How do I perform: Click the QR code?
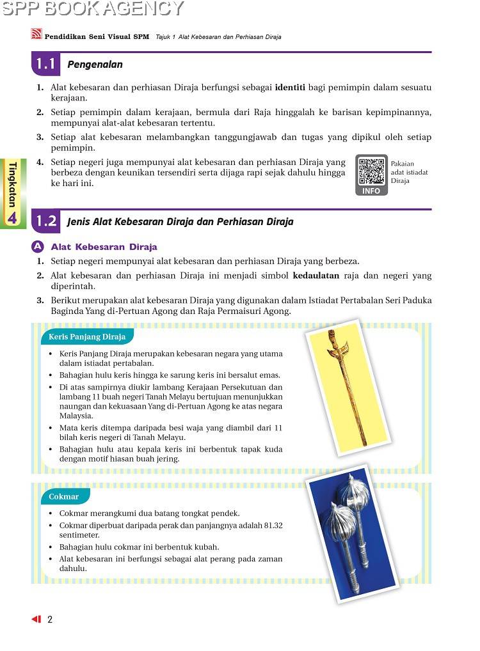pyautogui.click(x=371, y=171)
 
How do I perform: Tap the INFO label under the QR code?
pyautogui.click(x=371, y=191)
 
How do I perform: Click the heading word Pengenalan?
pyautogui.click(x=95, y=65)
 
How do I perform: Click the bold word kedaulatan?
pyautogui.click(x=317, y=276)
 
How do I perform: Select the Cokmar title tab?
pyautogui.click(x=64, y=496)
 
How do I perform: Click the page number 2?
pyautogui.click(x=49, y=619)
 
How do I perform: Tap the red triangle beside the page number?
pyautogui.click(x=36, y=619)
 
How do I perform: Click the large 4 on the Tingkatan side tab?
pyautogui.click(x=12, y=217)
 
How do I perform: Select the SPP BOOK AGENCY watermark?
pyautogui.click(x=92, y=8)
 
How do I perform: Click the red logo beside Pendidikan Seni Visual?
pyautogui.click(x=37, y=36)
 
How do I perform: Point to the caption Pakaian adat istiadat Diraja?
pyautogui.click(x=409, y=172)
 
